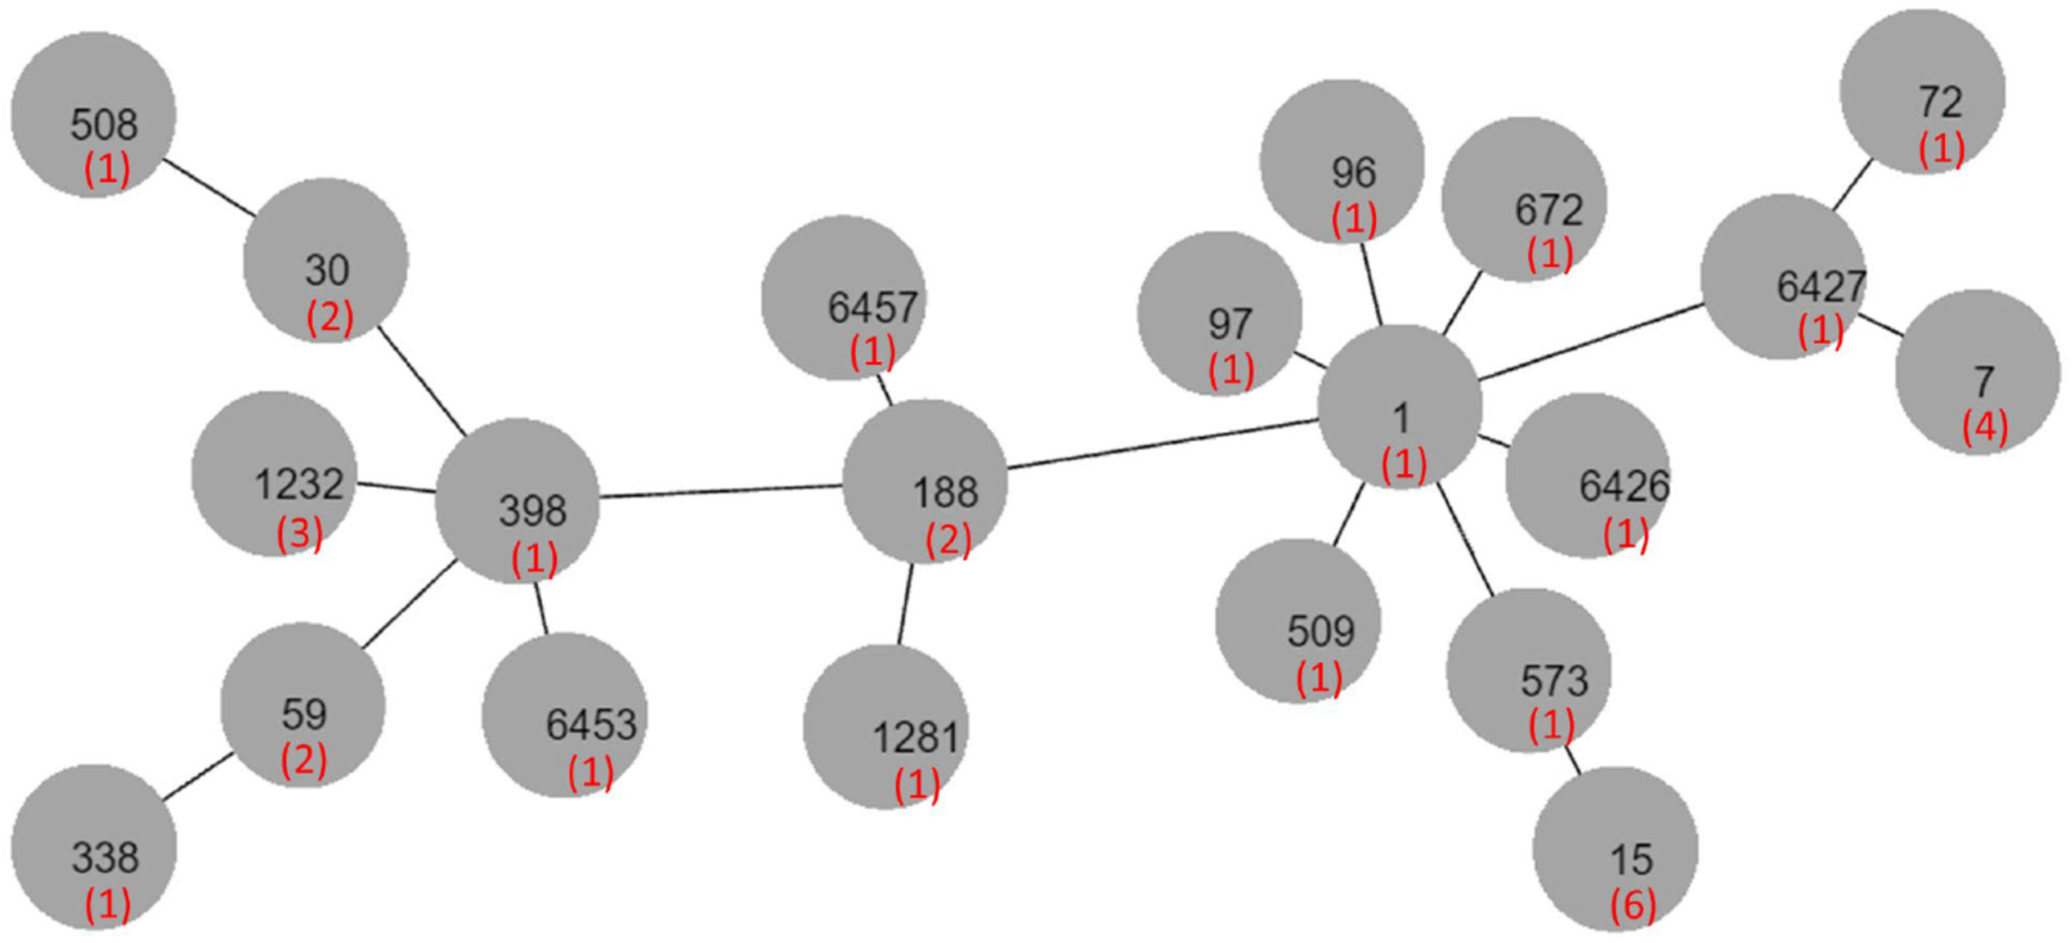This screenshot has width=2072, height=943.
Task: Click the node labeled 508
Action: click(x=94, y=114)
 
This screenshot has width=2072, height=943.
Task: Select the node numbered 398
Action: click(x=517, y=500)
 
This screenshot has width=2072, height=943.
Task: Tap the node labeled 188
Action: click(x=925, y=481)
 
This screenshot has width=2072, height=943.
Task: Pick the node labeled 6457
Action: click(x=843, y=297)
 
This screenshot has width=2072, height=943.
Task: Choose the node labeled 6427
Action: click(x=1783, y=277)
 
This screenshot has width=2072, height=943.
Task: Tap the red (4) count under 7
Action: click(x=1985, y=427)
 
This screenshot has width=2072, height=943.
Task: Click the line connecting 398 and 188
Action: click(x=721, y=491)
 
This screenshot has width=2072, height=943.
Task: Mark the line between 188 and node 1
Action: click(x=1162, y=443)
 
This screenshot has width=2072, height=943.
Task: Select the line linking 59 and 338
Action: click(x=199, y=777)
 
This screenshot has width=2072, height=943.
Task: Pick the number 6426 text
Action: click(x=1624, y=486)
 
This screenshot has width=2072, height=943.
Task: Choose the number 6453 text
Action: click(x=591, y=725)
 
